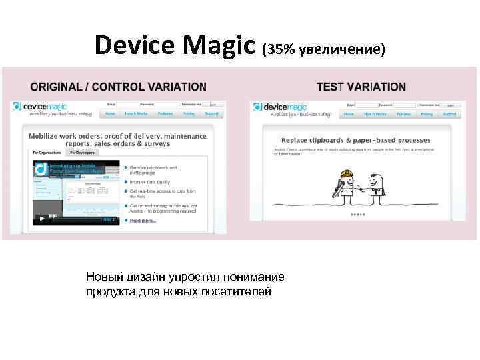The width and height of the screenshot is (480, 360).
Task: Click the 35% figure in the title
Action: (x=279, y=49)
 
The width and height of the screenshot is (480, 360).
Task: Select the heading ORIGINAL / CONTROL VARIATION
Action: (x=118, y=87)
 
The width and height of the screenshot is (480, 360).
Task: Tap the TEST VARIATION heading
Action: (x=361, y=87)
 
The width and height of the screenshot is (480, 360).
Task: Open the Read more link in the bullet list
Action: (x=143, y=220)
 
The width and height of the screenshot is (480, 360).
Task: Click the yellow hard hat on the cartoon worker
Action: (x=347, y=175)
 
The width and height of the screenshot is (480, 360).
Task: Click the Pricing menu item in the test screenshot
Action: (x=427, y=114)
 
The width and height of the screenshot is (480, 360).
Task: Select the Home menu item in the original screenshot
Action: (x=110, y=114)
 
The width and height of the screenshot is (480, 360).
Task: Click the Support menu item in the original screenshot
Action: (x=211, y=114)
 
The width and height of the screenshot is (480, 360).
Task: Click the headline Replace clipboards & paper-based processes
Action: (x=356, y=141)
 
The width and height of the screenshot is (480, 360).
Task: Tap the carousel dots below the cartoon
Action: (x=358, y=215)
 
